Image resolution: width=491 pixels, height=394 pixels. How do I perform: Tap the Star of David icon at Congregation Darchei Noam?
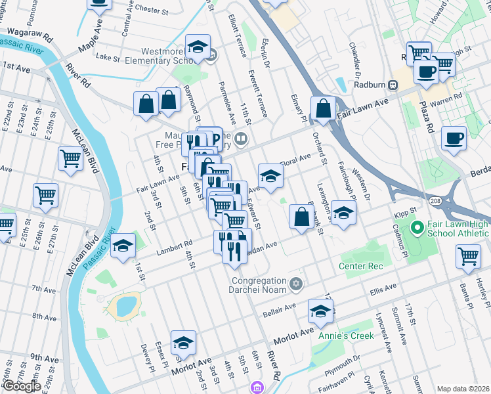[x=296, y=283]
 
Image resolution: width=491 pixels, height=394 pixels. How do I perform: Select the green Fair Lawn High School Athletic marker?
[x=415, y=229]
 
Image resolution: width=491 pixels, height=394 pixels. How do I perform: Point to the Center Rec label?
[x=360, y=266]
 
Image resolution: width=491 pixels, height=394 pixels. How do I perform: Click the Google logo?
[x=21, y=386]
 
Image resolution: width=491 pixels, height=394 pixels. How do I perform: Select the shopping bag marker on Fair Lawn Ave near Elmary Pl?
[x=324, y=110]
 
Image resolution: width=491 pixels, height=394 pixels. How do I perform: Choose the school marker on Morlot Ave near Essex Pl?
[x=183, y=343]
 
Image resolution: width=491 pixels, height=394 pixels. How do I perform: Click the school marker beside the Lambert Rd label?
[x=123, y=247]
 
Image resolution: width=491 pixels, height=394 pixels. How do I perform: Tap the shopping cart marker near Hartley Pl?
[x=468, y=257]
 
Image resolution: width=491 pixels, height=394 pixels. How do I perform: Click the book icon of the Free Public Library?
[x=241, y=138]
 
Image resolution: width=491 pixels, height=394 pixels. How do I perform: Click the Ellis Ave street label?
[x=384, y=288]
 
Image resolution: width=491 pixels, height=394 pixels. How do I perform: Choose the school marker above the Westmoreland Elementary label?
[x=198, y=47]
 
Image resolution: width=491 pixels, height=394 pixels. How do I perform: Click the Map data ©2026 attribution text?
[x=463, y=389]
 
